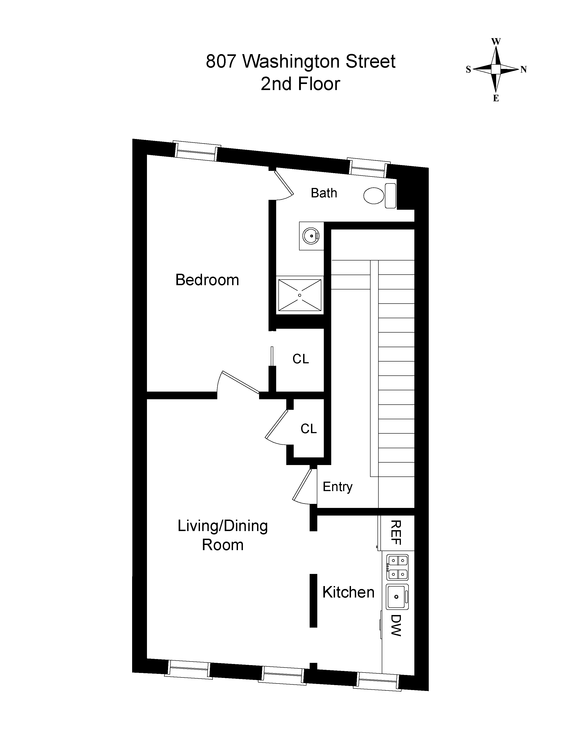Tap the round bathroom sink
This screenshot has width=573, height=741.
tap(311, 236)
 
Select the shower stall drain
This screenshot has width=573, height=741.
tap(299, 295)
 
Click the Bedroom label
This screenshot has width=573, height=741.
tap(207, 280)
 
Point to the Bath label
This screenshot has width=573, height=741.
tap(324, 193)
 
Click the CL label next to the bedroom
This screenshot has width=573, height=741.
tap(300, 359)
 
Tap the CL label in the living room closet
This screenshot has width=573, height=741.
tap(308, 429)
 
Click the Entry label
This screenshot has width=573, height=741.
tap(338, 487)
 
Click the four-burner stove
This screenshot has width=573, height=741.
tap(397, 567)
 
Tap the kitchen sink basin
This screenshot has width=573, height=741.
tap(396, 596)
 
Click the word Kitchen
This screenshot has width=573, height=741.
tap(348, 592)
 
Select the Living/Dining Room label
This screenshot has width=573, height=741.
tap(223, 535)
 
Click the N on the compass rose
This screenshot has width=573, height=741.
tap(523, 70)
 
